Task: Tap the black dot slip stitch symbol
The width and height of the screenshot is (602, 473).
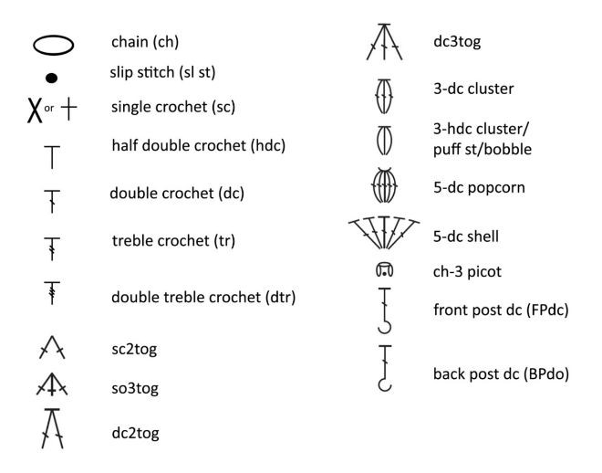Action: tap(52, 78)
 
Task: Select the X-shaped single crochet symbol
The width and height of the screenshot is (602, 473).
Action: tap(35, 109)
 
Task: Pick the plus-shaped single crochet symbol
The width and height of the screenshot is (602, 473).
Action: tap(68, 108)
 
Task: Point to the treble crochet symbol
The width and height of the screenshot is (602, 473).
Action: tap(52, 246)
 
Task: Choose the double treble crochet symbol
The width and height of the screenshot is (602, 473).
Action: tap(52, 293)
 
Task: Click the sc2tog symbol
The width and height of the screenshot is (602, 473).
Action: tap(52, 348)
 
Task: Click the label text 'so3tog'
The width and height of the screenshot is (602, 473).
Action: tap(135, 389)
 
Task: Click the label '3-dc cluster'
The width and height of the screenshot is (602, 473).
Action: tap(473, 89)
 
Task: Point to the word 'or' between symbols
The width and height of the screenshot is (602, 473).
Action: tap(50, 108)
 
